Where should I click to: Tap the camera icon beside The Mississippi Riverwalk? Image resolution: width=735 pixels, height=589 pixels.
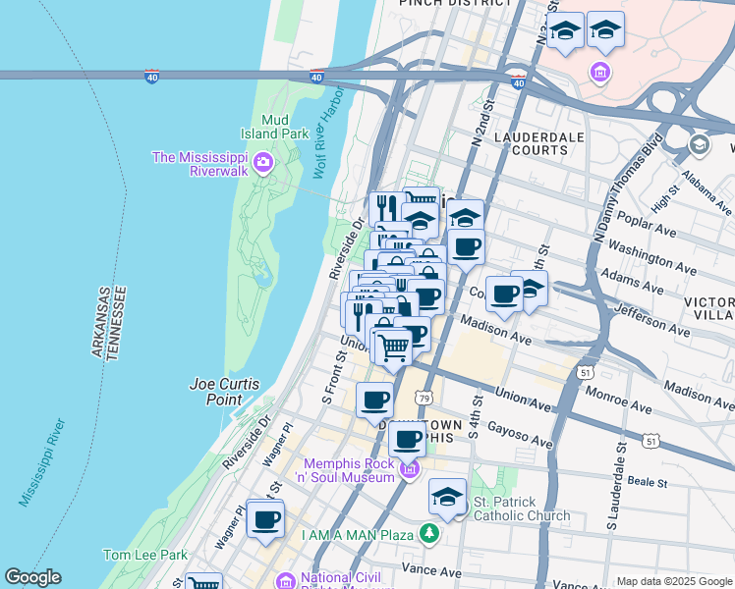point(262,162)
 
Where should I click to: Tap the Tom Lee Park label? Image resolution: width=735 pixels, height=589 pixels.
point(144,555)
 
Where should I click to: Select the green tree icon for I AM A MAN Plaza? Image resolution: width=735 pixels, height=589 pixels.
point(428,534)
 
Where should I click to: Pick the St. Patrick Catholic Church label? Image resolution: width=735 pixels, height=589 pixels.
point(521,509)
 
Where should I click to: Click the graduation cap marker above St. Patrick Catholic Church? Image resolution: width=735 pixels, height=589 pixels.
point(448,497)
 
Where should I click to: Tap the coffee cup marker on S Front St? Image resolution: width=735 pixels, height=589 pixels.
point(374,400)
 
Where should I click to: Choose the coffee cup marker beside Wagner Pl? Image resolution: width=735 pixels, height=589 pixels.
point(265,518)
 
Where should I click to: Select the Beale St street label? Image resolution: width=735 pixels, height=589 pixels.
point(649,482)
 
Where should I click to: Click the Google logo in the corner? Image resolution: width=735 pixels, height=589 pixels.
point(32,577)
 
